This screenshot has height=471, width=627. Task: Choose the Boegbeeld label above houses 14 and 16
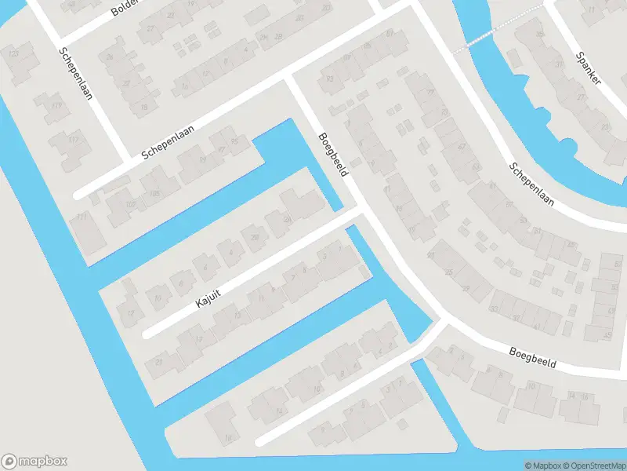[x=531, y=359]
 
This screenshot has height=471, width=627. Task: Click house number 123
[x=13, y=53]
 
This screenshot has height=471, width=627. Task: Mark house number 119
[x=56, y=105]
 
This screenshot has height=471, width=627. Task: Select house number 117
[x=74, y=140]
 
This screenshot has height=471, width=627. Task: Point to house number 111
[x=82, y=217]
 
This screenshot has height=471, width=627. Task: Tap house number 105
[x=154, y=192]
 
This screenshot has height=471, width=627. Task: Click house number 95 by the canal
[x=234, y=142]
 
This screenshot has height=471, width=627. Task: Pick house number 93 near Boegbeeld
[x=330, y=78]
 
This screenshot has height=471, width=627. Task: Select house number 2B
[x=278, y=36]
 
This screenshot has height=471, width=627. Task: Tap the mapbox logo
[x=34, y=462]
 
